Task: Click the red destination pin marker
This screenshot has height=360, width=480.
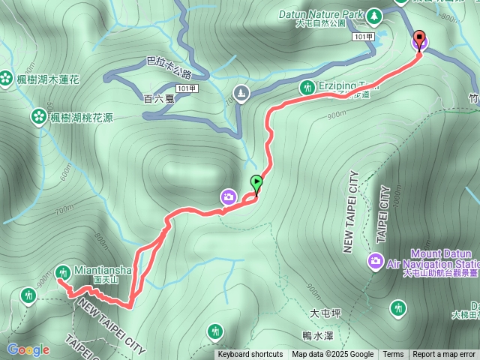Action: [418, 40]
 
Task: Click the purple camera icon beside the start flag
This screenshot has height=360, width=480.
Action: [229, 196]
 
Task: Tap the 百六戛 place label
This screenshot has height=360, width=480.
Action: [158, 98]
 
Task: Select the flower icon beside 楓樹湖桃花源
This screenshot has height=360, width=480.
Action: [38, 116]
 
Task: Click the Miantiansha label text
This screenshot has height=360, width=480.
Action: [103, 270]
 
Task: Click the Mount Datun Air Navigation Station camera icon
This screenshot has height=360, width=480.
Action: [374, 260]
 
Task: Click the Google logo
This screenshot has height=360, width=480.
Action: [28, 349]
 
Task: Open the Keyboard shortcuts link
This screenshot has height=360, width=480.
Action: [250, 355]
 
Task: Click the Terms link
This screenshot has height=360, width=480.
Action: [393, 355]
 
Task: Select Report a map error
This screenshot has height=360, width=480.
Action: [444, 355]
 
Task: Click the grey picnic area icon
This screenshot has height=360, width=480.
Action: [240, 94]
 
